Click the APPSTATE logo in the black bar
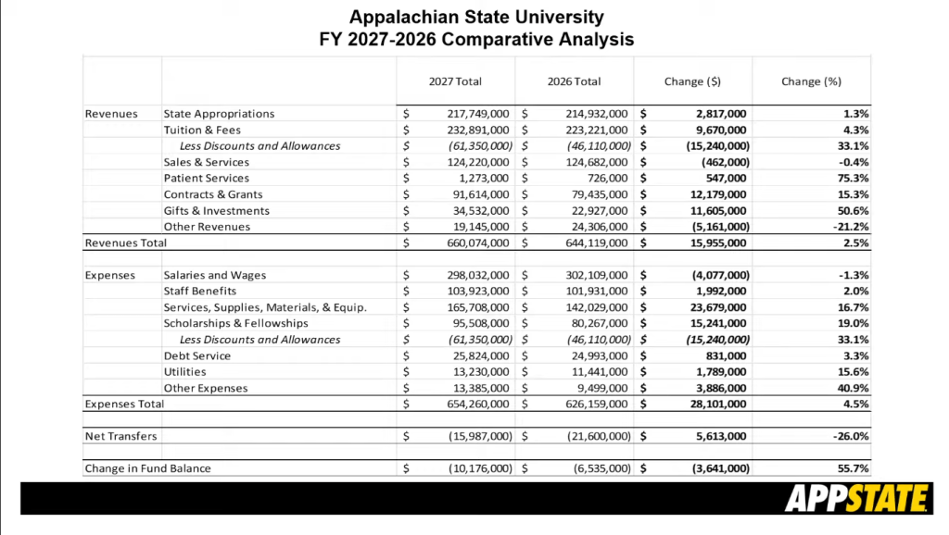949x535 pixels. point(857,499)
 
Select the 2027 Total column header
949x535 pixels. point(455,81)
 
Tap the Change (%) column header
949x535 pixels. point(811,81)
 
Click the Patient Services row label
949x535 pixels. point(207,178)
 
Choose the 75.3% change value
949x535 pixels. point(853,178)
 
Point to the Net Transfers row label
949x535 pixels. point(120,436)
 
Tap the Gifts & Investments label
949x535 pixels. point(217,210)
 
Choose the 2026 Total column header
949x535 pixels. point(574,81)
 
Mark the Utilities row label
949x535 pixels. point(184,372)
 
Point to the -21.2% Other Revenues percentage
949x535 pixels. point(850,227)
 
